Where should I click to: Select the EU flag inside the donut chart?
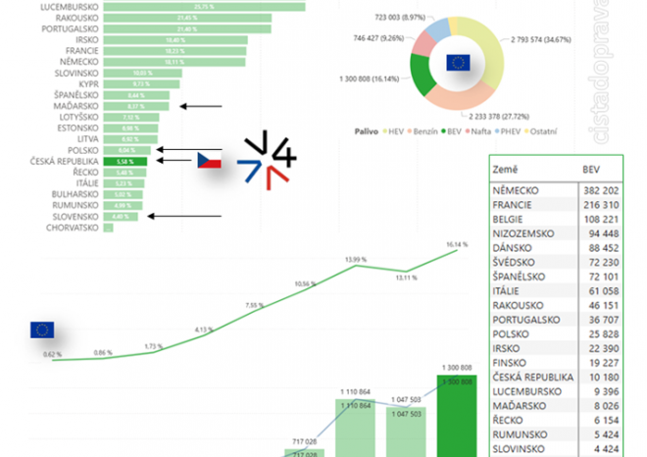[x=458, y=64]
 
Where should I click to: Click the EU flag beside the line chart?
[x=42, y=330]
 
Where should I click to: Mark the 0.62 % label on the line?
[x=53, y=354]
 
